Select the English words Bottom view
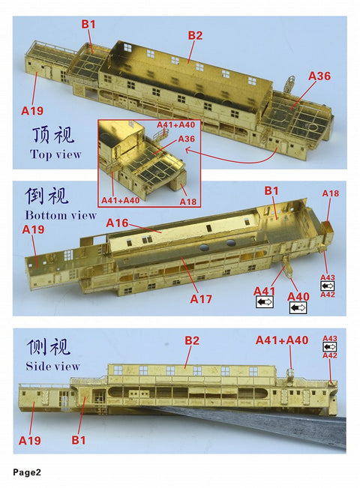point(61,215)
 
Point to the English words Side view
point(52,367)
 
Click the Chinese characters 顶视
point(51,136)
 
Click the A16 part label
point(118,223)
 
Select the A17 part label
point(202,299)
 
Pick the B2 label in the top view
point(195,35)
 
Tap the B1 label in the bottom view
point(271,191)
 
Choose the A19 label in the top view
point(32,110)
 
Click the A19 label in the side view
point(30,439)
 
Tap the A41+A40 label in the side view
point(282,340)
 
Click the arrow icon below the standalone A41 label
point(264,302)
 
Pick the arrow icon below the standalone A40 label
point(298,307)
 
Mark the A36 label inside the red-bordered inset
point(187,138)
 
